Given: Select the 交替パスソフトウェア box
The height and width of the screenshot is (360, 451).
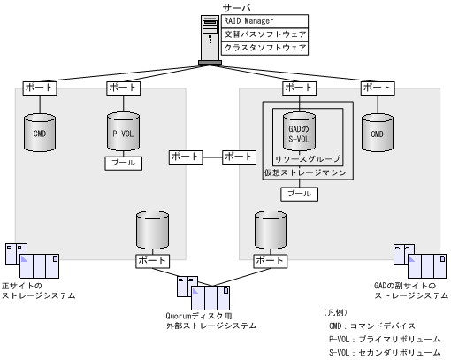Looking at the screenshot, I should pyautogui.click(x=264, y=34).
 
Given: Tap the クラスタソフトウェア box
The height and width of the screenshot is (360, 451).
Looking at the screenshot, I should pyautogui.click(x=264, y=48).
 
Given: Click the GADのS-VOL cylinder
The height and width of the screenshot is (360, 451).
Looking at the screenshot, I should pyautogui.click(x=299, y=132).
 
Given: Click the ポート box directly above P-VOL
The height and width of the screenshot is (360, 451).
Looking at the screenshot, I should pyautogui.click(x=122, y=88).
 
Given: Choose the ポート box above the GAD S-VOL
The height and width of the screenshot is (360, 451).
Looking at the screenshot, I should pyautogui.click(x=299, y=88).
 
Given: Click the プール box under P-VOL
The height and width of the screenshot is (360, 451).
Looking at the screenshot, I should pyautogui.click(x=122, y=163).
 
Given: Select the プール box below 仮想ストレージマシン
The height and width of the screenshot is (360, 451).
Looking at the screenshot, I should pyautogui.click(x=299, y=192).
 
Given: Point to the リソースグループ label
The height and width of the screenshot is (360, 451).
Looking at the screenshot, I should pyautogui.click(x=301, y=158).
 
